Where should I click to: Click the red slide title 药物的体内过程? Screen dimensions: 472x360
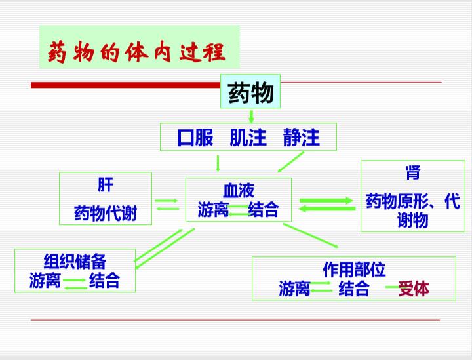(136, 52)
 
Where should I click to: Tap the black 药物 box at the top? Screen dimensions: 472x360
(250, 92)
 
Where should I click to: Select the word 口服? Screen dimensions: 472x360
(195, 137)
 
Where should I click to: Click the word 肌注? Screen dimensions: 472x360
(248, 137)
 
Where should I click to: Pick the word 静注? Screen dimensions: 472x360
(302, 137)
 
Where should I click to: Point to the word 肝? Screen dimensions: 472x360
(106, 185)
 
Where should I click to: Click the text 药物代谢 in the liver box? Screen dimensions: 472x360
(106, 213)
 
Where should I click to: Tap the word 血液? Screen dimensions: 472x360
(239, 190)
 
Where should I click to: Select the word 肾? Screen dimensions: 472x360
(413, 172)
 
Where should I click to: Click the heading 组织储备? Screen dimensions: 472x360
(75, 261)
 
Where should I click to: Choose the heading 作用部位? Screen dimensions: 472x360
(354, 269)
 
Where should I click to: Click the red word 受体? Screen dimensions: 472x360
(414, 289)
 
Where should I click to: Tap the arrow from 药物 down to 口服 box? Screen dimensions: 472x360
(251, 116)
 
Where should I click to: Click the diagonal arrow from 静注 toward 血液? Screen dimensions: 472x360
(290, 161)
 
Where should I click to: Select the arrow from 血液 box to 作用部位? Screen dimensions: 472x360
(311, 235)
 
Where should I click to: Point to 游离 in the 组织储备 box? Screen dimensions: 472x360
(45, 280)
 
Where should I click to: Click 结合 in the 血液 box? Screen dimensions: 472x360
(264, 209)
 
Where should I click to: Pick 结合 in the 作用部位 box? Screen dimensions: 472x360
(354, 289)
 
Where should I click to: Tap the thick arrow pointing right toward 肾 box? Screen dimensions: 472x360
(326, 201)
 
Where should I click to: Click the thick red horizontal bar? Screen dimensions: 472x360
(125, 85)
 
